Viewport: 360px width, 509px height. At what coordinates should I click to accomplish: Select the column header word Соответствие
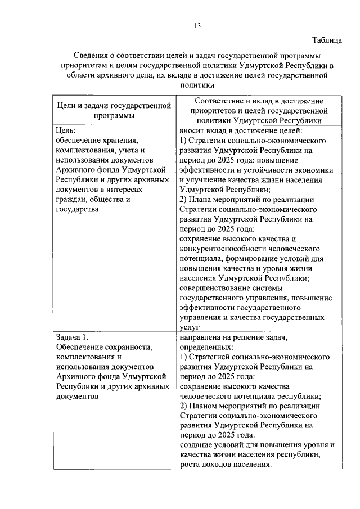(x=214, y=101)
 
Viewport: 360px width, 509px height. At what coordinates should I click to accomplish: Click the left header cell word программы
(x=114, y=115)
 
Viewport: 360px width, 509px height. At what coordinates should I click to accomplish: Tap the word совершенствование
(x=214, y=288)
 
